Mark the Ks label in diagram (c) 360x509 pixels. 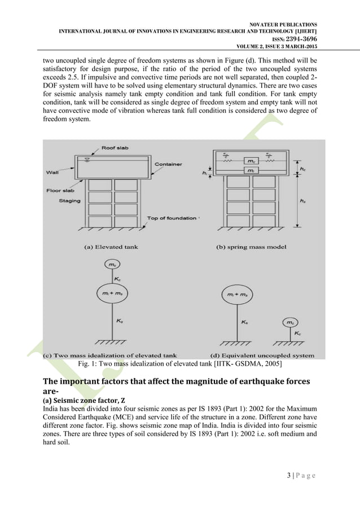coord(119,320)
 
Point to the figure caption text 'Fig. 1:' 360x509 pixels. coord(89,365)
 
